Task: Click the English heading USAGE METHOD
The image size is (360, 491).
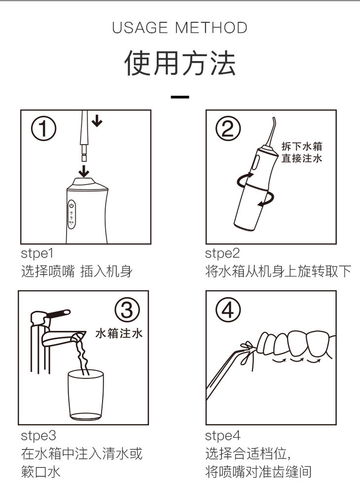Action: point(180,28)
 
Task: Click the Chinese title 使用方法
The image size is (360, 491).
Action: point(180,63)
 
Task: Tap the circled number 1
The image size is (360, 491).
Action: point(43,129)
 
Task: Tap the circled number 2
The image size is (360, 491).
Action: point(228,128)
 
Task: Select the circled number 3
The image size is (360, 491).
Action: point(127,310)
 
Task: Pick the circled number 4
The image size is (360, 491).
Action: point(228,310)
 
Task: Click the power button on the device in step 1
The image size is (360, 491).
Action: point(72,206)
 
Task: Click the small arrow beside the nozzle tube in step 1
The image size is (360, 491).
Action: point(97,120)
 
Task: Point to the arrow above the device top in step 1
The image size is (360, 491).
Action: point(83,171)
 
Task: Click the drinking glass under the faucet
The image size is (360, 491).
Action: point(86,395)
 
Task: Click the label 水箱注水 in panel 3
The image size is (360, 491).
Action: point(119,333)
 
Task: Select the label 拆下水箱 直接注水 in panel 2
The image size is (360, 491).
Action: point(301,152)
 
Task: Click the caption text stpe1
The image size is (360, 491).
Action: point(37,254)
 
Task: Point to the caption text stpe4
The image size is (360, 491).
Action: point(222,436)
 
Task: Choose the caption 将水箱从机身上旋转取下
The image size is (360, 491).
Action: point(278,271)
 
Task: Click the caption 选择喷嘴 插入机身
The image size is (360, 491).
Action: point(77,271)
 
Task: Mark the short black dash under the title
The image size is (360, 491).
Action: point(180,97)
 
